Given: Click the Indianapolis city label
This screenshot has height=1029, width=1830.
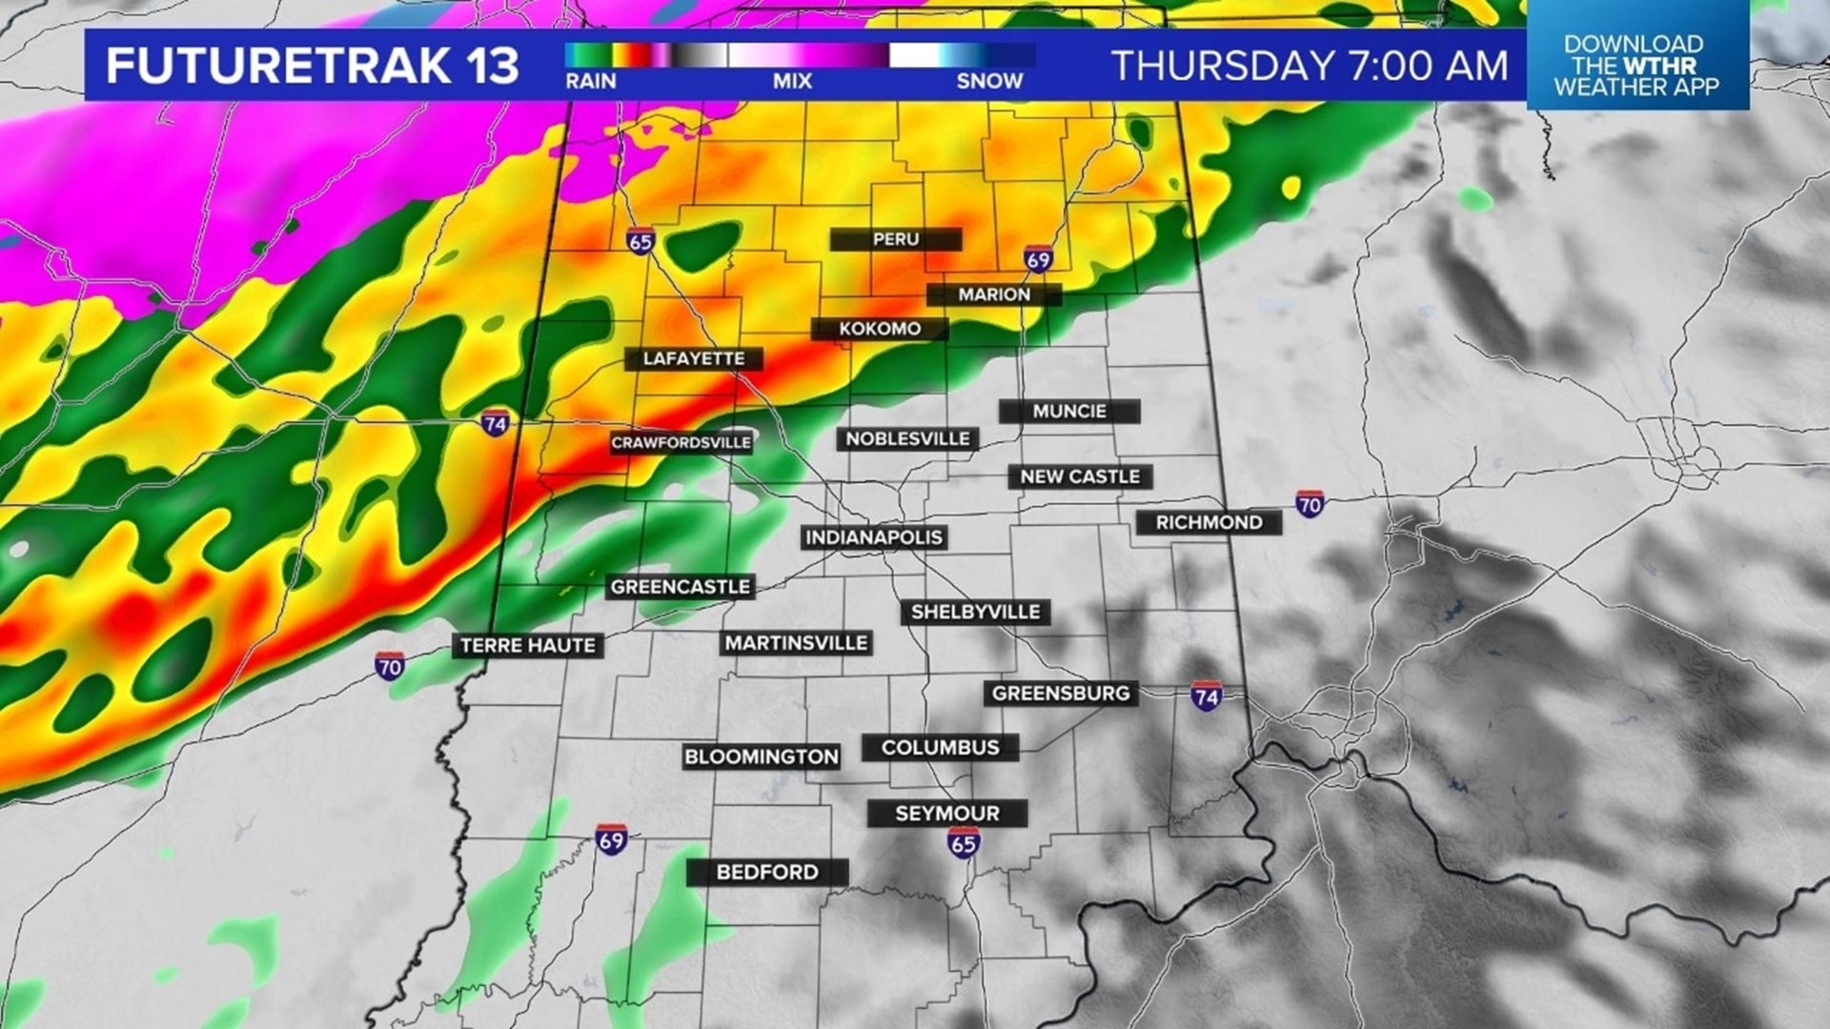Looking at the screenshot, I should coord(874,537).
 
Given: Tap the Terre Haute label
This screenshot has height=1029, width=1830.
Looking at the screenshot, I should coord(527,646).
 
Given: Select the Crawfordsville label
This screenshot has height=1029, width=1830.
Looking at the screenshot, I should coord(681,443).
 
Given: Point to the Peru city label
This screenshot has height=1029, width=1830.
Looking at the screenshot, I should coord(896,239).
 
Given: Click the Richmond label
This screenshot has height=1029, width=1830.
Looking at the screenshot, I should coord(1209,522).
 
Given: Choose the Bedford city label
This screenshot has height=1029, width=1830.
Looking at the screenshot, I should coord(767,872).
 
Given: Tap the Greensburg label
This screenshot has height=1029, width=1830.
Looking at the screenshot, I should coord(1061,694).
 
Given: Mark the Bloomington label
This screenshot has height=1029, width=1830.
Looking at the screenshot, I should coord(761,757).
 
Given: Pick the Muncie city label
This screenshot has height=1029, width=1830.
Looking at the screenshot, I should coord(1069,412).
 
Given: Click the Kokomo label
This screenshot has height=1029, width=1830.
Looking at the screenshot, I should coord(880,329).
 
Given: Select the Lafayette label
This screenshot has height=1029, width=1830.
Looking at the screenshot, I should coord(694,359).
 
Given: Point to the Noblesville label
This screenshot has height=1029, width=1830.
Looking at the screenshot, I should coord(907,439).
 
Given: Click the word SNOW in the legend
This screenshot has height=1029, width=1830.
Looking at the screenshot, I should coord(989,82).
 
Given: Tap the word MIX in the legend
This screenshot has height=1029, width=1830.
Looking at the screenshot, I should coord(792,82).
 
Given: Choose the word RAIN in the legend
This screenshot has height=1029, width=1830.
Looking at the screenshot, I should coord(591,82).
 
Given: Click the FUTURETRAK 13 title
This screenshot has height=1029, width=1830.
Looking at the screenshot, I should coord(313,66).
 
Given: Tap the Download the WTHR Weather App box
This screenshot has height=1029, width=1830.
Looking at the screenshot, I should coord(1637,66).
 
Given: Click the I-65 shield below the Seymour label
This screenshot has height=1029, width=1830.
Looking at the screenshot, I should coord(964,842).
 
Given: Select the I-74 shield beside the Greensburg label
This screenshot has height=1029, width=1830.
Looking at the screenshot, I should coord(1207,696).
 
